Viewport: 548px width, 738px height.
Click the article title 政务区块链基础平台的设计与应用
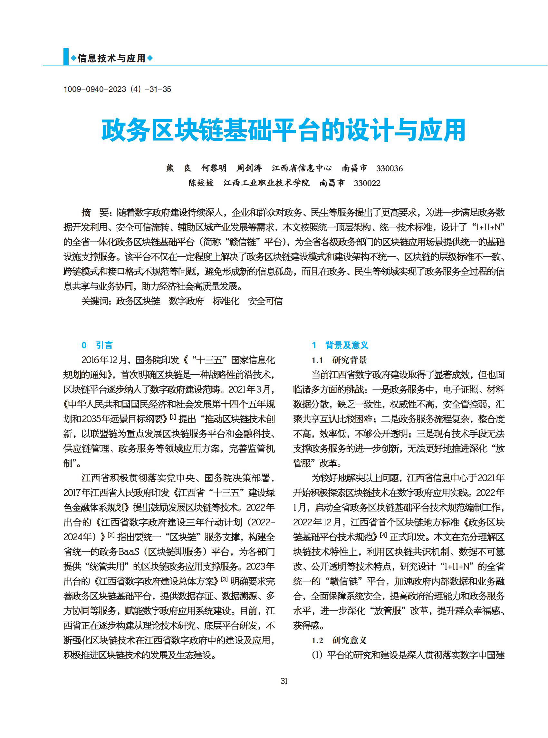coord(283,130)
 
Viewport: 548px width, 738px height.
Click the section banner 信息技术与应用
coord(111,58)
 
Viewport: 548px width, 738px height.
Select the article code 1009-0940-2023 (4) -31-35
coord(117,89)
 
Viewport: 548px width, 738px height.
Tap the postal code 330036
coord(389,168)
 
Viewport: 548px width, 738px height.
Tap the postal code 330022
coord(367,183)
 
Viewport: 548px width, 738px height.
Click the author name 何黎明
coord(214,168)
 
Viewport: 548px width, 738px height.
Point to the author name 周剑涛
coord(249,168)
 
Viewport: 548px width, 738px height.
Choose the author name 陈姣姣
coord(201,183)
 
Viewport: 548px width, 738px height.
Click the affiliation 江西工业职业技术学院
coord(266,183)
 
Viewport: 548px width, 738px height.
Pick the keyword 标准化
coord(226,301)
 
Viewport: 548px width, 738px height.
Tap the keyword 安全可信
coord(265,301)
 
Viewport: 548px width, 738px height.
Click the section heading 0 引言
coord(97,345)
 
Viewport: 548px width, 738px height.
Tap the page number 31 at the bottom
coord(284,681)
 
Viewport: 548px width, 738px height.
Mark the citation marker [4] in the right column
coord(383,535)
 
